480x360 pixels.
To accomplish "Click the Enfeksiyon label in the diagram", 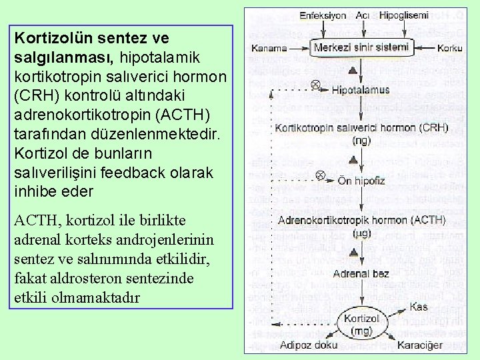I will pos(323,15).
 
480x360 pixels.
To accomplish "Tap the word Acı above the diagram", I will pos(363,15).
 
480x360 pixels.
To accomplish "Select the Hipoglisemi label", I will pos(404,15).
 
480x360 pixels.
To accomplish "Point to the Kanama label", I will pos(269,48).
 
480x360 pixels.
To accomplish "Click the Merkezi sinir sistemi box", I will pos(362,47).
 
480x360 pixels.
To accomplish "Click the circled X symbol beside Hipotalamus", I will pos(317,85).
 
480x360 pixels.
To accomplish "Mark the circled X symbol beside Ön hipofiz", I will pos(319,176).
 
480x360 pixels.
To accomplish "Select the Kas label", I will pos(418,307).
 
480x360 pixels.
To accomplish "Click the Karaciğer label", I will pos(419,345).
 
